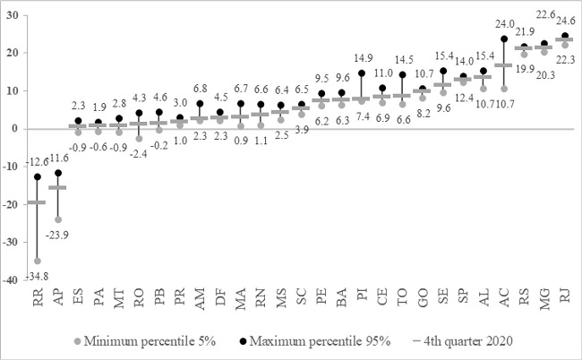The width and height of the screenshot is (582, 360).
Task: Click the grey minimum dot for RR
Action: pos(37,261)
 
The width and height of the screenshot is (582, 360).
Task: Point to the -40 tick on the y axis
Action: pos(16,279)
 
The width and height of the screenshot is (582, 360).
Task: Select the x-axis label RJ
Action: pos(564,300)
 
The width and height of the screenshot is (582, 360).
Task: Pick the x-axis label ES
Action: pos(78,300)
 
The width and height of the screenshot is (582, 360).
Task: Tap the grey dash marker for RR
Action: pos(37,202)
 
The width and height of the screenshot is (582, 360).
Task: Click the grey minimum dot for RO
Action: pos(139,138)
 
